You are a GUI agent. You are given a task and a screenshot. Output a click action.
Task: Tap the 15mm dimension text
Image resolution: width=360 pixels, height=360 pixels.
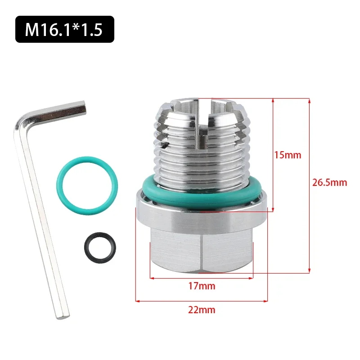tap(288, 155)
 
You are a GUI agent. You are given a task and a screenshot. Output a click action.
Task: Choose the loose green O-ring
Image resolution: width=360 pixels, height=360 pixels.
tap(88, 185)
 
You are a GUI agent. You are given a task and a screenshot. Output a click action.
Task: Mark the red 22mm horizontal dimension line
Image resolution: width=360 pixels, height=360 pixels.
tap(202, 301)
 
